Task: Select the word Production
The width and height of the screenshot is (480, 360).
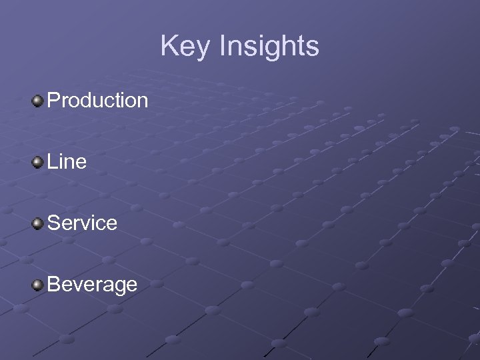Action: [x=98, y=101]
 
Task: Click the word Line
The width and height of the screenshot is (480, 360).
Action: [x=67, y=162]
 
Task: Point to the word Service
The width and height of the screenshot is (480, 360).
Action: [x=83, y=223]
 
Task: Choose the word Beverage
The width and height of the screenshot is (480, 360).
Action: [x=93, y=285]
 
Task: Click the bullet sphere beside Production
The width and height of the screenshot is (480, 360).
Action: [x=38, y=101]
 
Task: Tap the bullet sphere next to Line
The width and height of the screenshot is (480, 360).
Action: [x=38, y=161]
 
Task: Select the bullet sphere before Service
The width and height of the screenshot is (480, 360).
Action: [x=38, y=223]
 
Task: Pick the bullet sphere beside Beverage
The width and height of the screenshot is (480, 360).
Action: [x=38, y=285]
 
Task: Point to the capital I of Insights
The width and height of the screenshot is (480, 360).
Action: [x=221, y=47]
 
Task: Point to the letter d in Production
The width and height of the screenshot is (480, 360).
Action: [x=85, y=101]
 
